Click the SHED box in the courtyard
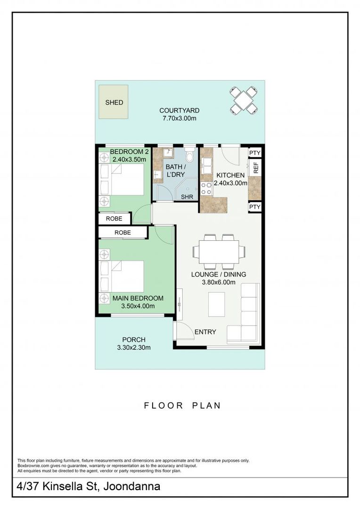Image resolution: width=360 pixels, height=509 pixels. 113,102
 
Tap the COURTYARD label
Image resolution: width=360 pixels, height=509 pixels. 179,110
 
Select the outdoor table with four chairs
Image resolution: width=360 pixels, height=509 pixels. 244,100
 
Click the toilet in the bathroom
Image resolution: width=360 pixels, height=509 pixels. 190,156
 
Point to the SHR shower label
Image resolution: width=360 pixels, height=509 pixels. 187,197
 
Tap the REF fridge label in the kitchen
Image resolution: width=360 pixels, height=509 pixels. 256,167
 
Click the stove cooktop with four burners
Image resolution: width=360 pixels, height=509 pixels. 206,189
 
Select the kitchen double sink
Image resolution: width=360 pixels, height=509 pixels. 206,165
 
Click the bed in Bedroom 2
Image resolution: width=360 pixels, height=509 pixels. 122,180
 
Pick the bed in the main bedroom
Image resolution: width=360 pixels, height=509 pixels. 122,276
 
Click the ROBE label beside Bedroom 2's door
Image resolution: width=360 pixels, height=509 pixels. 114,219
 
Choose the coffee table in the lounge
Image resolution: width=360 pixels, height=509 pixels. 217,304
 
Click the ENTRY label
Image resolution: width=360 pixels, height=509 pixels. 205,332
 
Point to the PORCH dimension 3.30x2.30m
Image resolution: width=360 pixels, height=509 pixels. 134,348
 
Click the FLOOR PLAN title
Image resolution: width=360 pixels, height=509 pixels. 182,405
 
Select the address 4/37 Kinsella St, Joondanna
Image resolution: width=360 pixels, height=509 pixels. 89,486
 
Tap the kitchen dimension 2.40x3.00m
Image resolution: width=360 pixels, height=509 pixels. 230,183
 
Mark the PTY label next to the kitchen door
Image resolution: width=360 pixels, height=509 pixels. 255,153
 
